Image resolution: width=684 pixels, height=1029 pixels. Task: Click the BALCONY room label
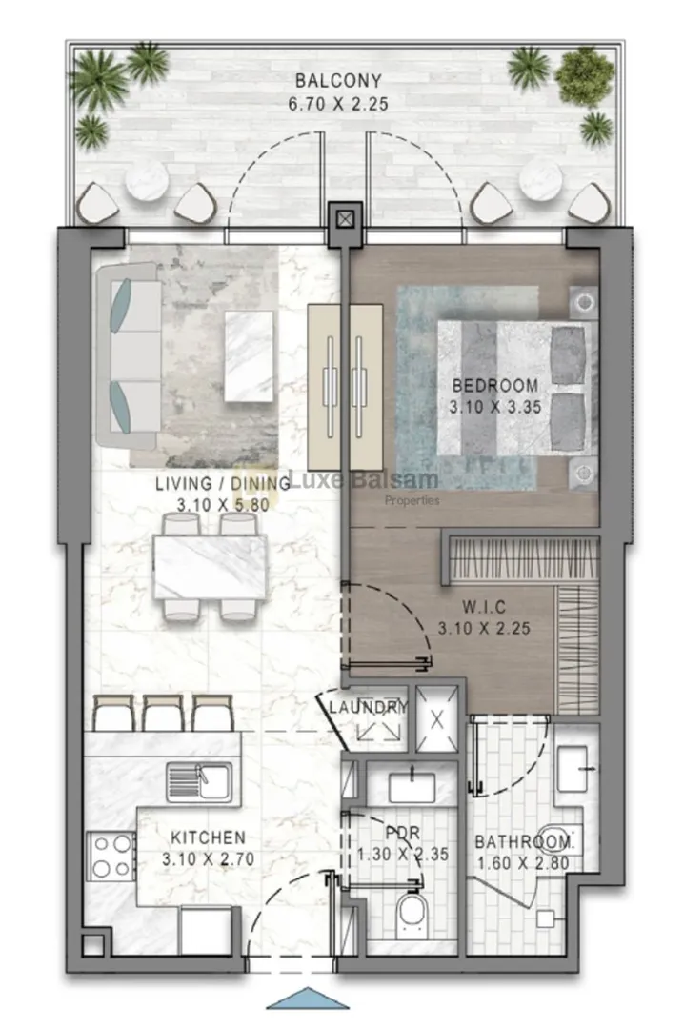338,81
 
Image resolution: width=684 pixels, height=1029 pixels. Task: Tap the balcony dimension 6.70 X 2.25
338,104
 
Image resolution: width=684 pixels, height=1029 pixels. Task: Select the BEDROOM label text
495,385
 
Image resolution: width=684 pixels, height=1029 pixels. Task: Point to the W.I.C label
484,606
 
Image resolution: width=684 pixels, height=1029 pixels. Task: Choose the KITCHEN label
208,837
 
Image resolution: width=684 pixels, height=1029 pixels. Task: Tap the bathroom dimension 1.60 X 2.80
523,863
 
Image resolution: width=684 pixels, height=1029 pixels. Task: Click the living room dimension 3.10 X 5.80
223,505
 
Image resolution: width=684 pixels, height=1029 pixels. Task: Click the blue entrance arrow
307,999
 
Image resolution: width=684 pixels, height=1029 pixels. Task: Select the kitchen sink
199,781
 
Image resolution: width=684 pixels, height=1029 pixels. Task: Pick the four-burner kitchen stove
111,856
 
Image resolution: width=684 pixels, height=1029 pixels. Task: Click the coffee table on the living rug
249,356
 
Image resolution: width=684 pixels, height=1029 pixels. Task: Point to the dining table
210,567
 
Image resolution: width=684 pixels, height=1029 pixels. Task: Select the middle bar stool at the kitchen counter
164,713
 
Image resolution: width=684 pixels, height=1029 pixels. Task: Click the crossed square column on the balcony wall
345,218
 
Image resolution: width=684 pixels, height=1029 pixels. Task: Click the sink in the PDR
412,787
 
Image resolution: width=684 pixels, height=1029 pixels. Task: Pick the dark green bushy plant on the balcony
585,77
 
